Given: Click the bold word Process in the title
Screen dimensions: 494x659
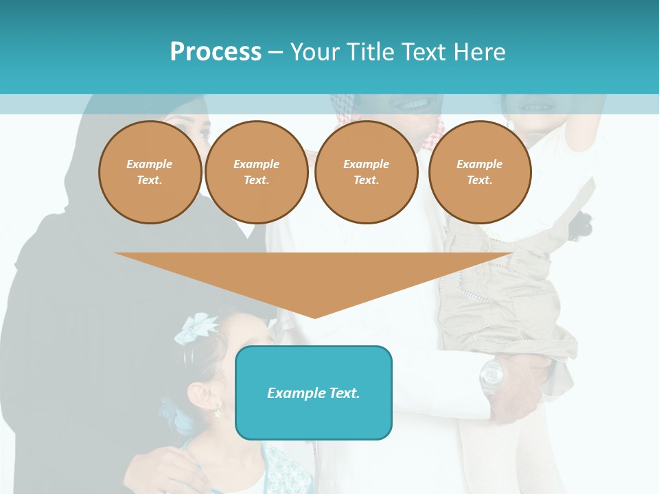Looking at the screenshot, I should coord(216,52).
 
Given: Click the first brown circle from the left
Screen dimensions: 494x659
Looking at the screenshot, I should coord(150,172).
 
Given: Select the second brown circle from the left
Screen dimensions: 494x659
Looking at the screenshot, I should coord(256,172).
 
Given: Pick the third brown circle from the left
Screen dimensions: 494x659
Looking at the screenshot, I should coord(366,172).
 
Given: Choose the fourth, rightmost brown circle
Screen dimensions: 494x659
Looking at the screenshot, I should coord(479,172).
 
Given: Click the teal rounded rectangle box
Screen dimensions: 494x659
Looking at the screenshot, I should coord(314,392).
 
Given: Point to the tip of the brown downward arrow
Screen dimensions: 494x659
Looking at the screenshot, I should coord(314,316).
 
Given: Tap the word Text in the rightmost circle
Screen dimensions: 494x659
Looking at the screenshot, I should coord(479,180).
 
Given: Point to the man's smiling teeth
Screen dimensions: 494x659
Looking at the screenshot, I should coord(413,105).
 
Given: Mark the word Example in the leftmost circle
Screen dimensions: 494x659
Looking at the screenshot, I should coord(150,164).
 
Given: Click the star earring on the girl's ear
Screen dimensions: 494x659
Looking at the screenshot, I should coord(218,414).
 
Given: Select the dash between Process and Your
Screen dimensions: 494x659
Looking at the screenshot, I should coord(275,52).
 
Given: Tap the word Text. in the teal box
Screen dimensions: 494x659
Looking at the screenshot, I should coord(343,393).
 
